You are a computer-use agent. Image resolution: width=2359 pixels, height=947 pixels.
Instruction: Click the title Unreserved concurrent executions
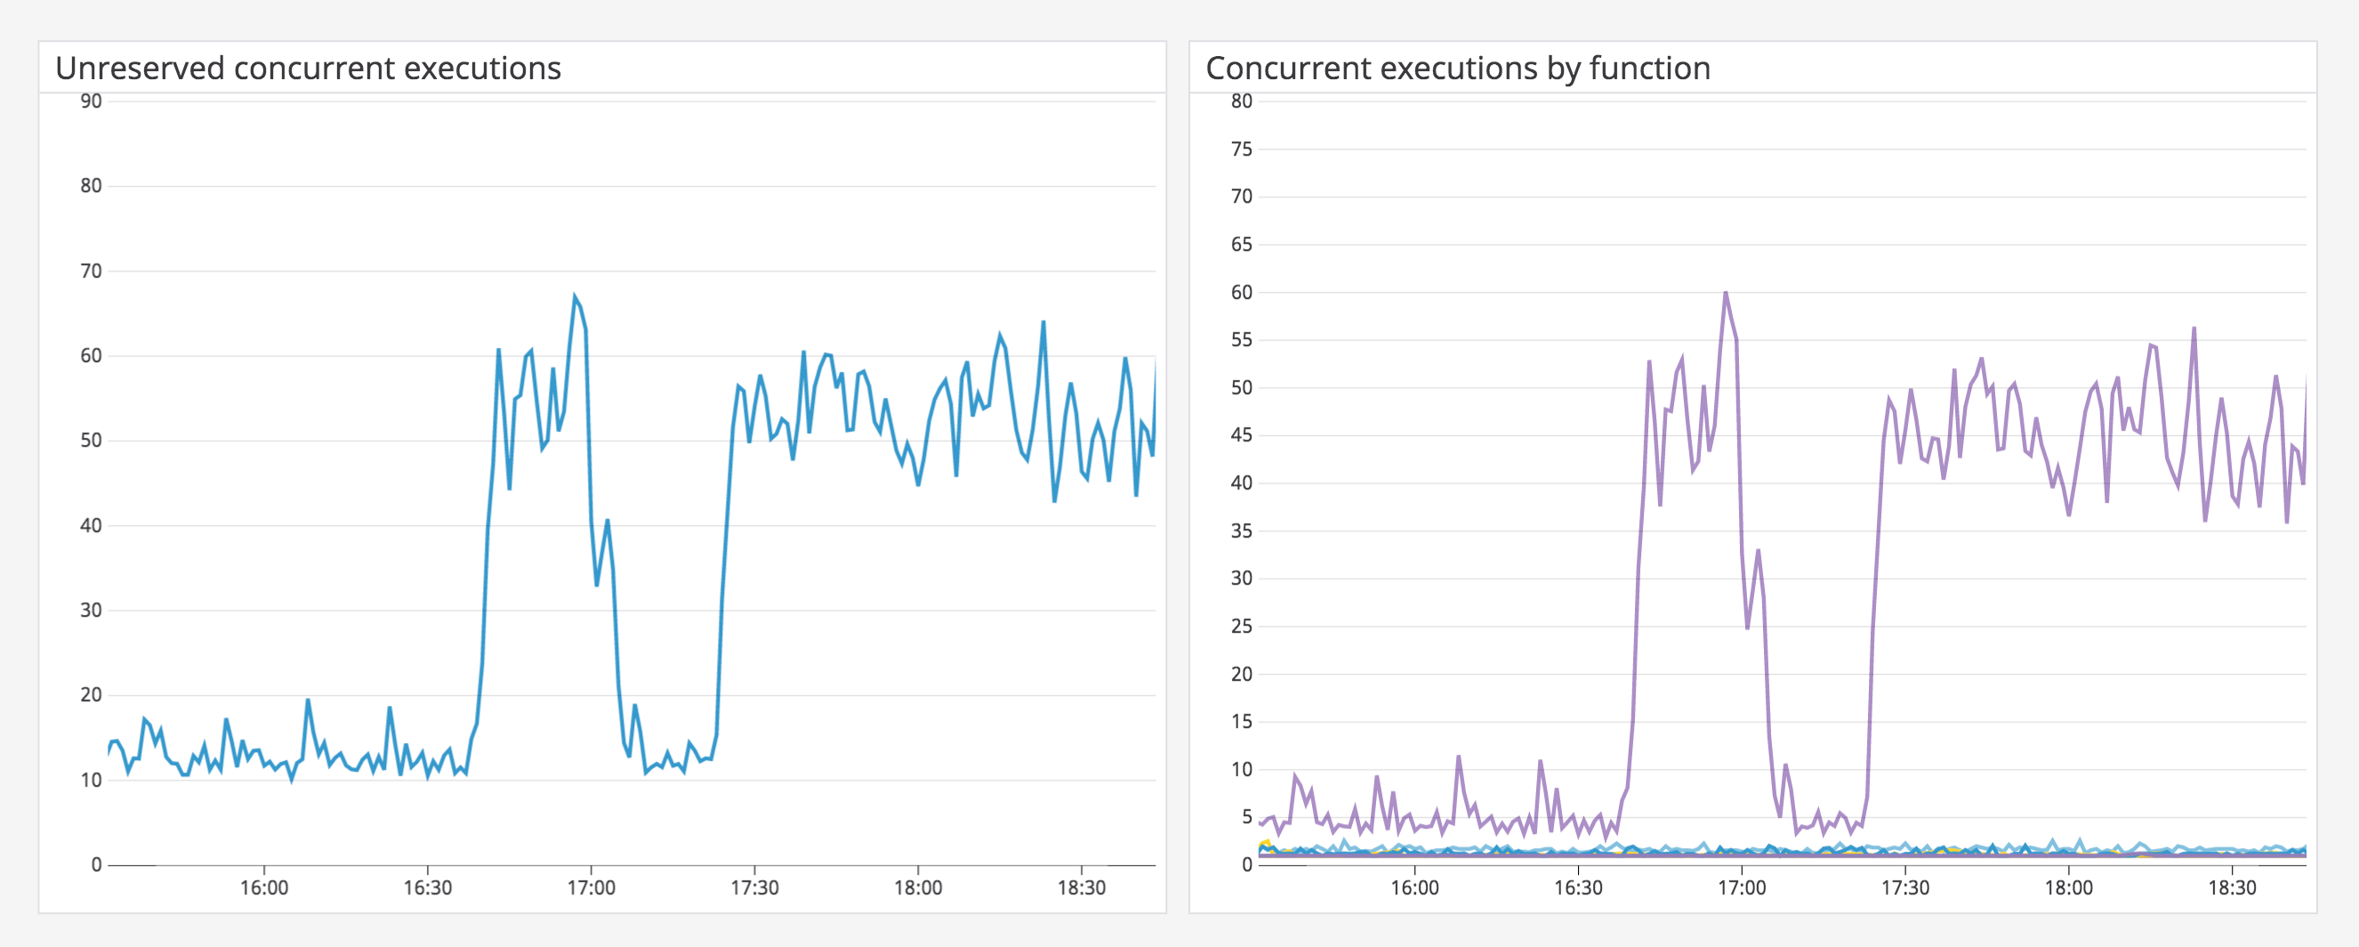[308, 69]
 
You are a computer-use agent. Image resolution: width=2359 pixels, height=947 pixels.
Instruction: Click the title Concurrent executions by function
[1457, 69]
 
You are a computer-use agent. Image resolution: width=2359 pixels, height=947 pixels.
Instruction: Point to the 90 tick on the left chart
[91, 101]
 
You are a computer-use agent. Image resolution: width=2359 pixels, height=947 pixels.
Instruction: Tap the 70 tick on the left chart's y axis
[91, 271]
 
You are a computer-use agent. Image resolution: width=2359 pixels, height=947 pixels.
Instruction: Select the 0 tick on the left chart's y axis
[96, 864]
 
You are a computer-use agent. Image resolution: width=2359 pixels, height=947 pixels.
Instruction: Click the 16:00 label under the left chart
[263, 887]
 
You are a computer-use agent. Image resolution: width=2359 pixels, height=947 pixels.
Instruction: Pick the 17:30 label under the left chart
[754, 887]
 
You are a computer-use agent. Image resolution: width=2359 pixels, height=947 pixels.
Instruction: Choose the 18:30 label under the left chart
[1082, 887]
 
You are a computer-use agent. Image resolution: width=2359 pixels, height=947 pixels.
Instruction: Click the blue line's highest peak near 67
[576, 295]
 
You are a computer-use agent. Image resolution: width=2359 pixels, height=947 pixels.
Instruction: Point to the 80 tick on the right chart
[1241, 101]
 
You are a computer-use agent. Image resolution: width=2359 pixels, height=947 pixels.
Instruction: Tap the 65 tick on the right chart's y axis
[1241, 245]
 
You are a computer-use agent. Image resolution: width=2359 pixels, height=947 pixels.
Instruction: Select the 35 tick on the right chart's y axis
[1241, 531]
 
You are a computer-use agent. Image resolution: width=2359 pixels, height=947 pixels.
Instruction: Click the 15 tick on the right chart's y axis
[1241, 722]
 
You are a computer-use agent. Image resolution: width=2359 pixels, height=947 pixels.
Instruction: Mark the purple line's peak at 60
[1726, 293]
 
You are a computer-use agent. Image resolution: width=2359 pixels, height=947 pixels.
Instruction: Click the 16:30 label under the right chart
[1578, 887]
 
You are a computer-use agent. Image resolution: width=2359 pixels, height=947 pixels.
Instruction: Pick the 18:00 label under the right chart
[2069, 887]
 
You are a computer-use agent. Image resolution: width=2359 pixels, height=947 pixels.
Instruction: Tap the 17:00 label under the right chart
[1741, 887]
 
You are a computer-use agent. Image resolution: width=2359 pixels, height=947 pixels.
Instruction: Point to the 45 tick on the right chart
[1241, 435]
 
